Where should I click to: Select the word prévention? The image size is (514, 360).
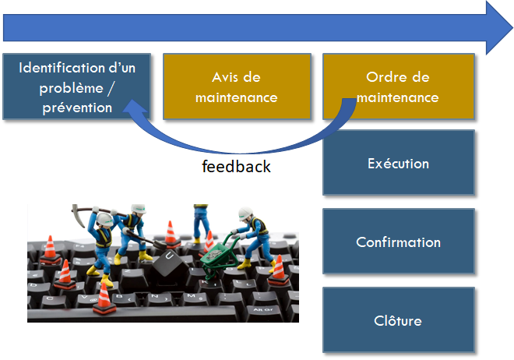[x=77, y=108]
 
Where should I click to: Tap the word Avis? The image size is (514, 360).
[x=224, y=77]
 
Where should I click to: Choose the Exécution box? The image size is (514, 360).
[x=399, y=163]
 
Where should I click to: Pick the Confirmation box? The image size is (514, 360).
[x=399, y=242]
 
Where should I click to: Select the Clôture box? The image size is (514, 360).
[x=399, y=320]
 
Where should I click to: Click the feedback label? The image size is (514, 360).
[x=236, y=166]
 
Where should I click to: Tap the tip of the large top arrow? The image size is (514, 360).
[x=512, y=28]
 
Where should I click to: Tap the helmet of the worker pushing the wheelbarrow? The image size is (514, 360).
[x=245, y=213]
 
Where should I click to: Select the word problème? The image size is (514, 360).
[x=72, y=88]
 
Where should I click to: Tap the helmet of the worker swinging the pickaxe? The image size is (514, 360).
[x=104, y=219]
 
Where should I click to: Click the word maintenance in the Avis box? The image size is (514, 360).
[x=237, y=97]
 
